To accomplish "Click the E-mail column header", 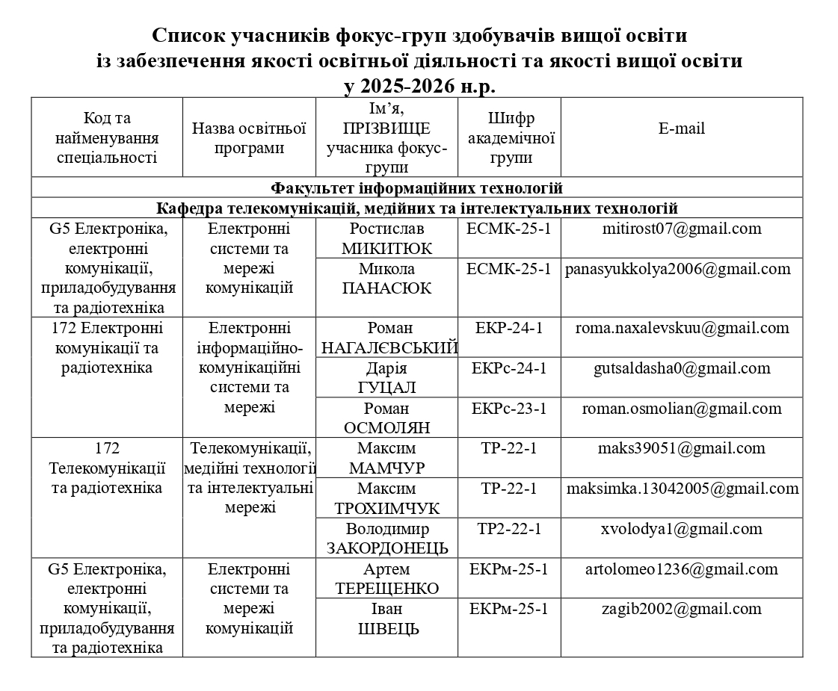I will pyautogui.click(x=681, y=128).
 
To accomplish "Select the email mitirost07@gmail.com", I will pyautogui.click(x=681, y=229).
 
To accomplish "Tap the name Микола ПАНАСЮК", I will pyautogui.click(x=386, y=279).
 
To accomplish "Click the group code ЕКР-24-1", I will pyautogui.click(x=509, y=328).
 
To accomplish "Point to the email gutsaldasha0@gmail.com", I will pyautogui.click(x=681, y=368).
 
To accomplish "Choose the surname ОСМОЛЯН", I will pyautogui.click(x=386, y=428).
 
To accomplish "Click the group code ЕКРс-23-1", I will pyautogui.click(x=509, y=409).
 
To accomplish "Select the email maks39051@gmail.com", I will pyautogui.click(x=681, y=448).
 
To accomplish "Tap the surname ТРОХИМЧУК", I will pyautogui.click(x=386, y=509).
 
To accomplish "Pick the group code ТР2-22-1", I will pyautogui.click(x=509, y=529).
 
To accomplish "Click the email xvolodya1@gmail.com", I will pyautogui.click(x=681, y=529).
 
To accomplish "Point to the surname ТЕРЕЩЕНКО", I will pyautogui.click(x=386, y=589).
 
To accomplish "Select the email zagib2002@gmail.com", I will pyautogui.click(x=681, y=609).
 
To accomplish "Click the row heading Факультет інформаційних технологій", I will pyautogui.click(x=416, y=188).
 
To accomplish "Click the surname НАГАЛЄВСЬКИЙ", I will pyautogui.click(x=389, y=347).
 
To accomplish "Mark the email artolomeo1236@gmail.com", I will pyautogui.click(x=681, y=569).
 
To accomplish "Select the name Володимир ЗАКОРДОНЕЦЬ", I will pyautogui.click(x=386, y=539).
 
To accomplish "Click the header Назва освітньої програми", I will pyautogui.click(x=249, y=138).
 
